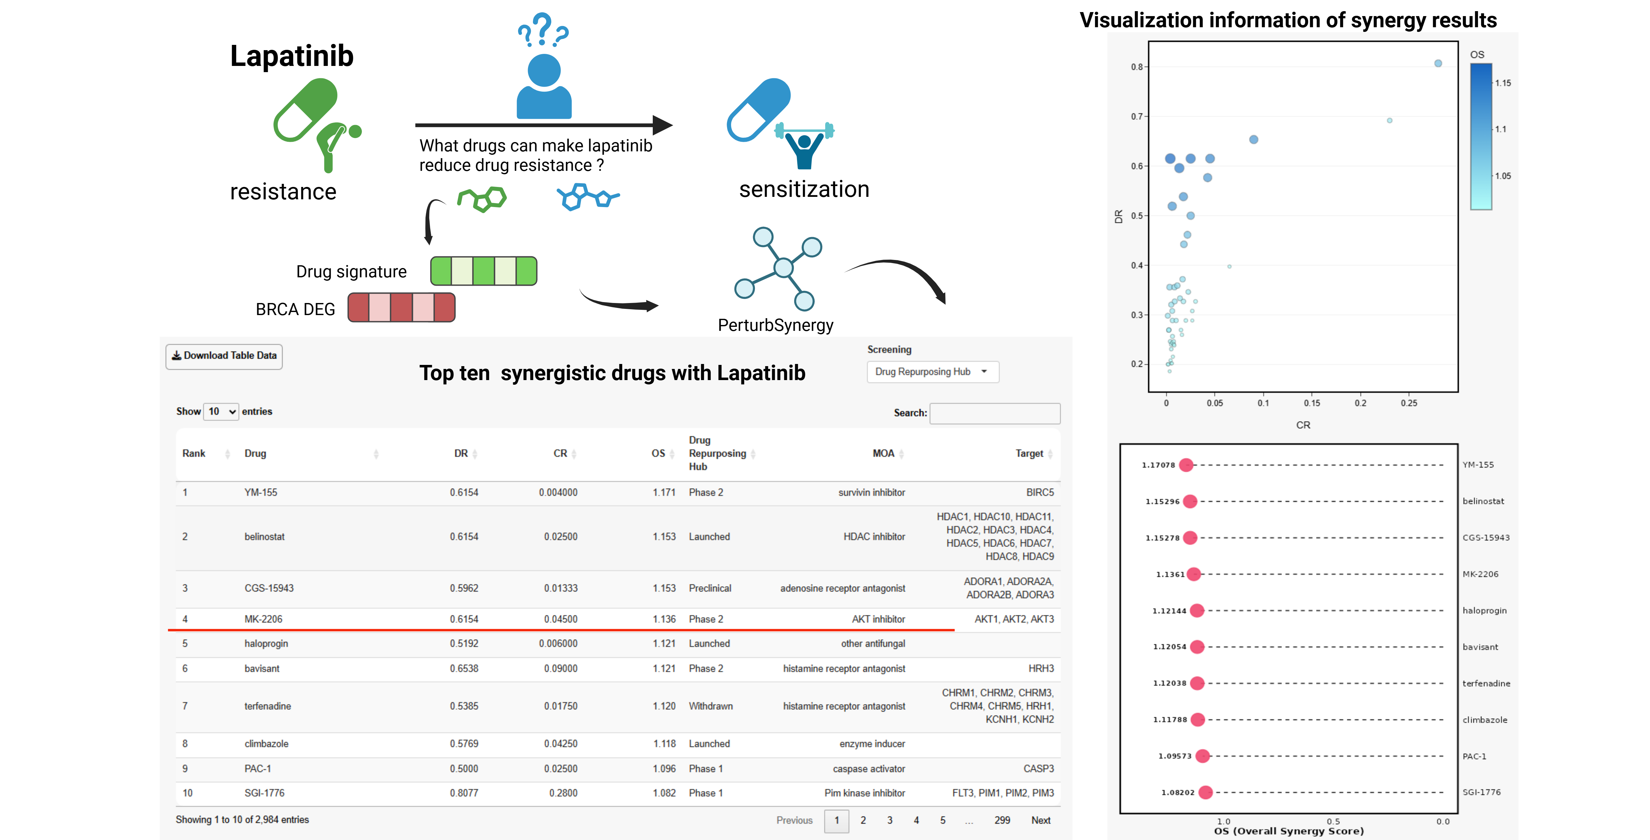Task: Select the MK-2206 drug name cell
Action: pyautogui.click(x=263, y=619)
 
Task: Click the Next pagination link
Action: pyautogui.click(x=1040, y=820)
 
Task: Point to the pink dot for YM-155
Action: pyautogui.click(x=1186, y=465)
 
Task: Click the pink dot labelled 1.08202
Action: pyautogui.click(x=1206, y=793)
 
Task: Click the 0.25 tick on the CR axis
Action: pyautogui.click(x=1409, y=403)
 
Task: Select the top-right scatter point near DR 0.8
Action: pyautogui.click(x=1438, y=63)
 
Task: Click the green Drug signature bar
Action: pyautogui.click(x=483, y=271)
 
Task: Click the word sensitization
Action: pyautogui.click(x=804, y=190)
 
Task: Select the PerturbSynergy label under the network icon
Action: pyautogui.click(x=775, y=326)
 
